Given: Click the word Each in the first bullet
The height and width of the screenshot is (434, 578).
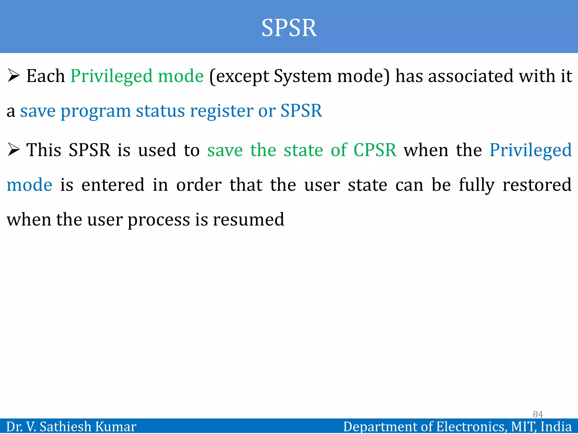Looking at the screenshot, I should [45, 76].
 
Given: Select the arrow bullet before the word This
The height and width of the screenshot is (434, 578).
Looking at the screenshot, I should [14, 150].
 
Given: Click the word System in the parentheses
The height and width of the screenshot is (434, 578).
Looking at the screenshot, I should [303, 77].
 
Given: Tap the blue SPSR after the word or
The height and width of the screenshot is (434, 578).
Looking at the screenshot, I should [301, 110].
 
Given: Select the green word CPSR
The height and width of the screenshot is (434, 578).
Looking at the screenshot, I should [375, 150].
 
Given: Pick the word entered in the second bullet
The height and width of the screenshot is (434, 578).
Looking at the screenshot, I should [113, 185].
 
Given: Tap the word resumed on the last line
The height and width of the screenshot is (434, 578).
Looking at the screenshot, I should [248, 220].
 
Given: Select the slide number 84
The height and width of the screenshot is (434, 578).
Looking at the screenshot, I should [538, 414].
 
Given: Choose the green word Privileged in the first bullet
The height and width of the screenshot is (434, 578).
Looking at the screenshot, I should [111, 77].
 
